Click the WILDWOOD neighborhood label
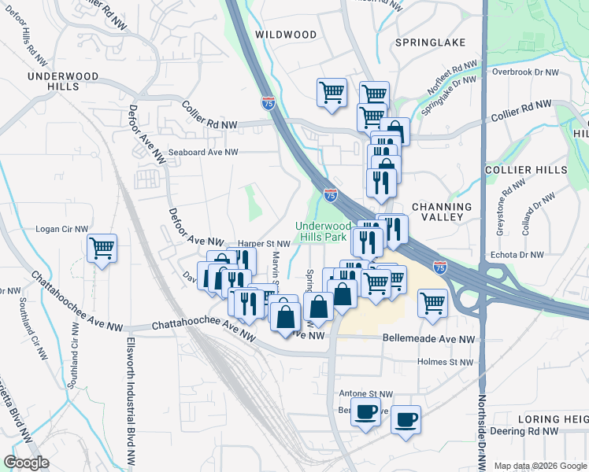286,35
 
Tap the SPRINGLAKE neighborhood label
431,42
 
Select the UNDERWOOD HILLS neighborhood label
62,82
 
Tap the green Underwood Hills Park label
320,230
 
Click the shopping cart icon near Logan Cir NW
102,249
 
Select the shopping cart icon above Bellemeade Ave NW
432,302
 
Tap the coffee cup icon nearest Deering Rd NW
406,420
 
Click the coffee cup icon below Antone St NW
365,412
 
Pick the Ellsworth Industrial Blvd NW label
129,401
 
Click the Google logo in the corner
27,463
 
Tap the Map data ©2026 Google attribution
539,466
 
